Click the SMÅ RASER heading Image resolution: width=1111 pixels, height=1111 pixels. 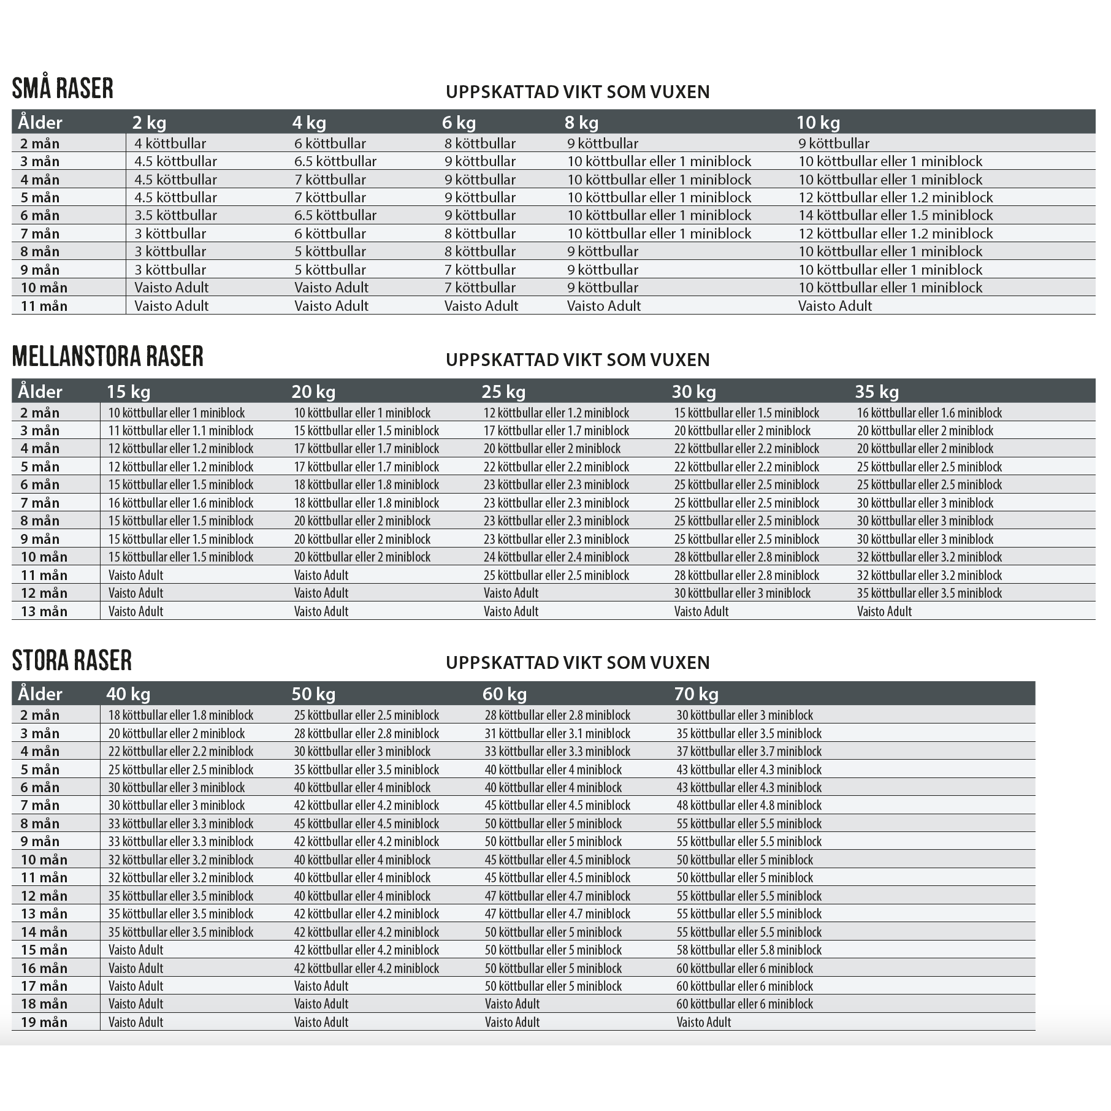coord(63,88)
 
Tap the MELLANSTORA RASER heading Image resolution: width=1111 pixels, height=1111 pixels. coord(107,357)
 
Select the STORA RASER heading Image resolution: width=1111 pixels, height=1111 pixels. coord(72,660)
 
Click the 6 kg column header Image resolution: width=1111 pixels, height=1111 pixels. coord(459,123)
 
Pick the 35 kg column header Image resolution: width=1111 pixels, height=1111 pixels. coord(877,392)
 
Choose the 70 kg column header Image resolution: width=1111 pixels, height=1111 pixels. coord(696,694)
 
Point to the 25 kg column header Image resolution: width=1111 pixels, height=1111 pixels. coord(503,392)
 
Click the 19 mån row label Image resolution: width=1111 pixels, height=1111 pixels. coord(44,1022)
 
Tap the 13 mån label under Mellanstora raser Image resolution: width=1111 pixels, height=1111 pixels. coord(44,611)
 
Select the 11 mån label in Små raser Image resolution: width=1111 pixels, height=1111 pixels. coord(44,306)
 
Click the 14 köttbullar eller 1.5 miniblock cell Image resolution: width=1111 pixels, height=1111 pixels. coord(895,215)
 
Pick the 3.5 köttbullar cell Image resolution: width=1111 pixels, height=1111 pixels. coord(175,215)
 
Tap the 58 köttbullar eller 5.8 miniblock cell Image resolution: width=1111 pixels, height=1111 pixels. coord(749,950)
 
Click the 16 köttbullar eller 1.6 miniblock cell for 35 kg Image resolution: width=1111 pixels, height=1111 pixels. coord(929,413)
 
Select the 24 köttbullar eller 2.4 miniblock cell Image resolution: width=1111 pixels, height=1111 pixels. coord(556,557)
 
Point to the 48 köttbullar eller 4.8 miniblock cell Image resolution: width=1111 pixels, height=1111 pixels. coord(749,805)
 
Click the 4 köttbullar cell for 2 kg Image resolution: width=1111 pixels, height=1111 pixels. coord(170,143)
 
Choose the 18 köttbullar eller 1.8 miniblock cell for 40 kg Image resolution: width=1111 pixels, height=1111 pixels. coord(181,715)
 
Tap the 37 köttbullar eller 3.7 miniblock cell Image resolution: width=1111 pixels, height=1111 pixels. coord(749,751)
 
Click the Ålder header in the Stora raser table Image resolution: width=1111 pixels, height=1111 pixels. coord(40,694)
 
